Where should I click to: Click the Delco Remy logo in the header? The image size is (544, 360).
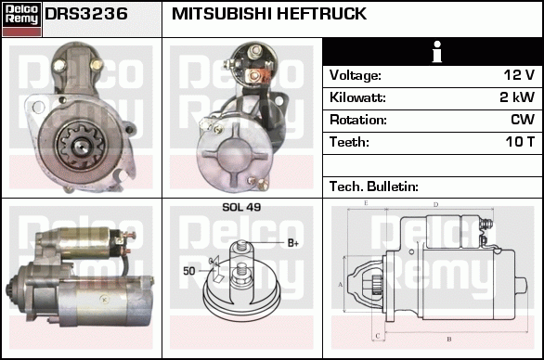point(21,19)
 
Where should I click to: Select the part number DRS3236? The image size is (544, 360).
point(86,14)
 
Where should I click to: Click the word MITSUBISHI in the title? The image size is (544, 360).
point(221,14)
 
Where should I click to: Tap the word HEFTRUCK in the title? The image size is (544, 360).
point(321,14)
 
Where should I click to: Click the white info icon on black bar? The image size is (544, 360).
point(437,52)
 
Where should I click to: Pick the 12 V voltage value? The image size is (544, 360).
point(519,75)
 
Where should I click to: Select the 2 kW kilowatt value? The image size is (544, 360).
point(517,97)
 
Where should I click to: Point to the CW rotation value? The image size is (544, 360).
point(523,120)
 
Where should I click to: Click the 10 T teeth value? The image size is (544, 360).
point(520,142)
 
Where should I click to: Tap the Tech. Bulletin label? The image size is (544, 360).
point(374,186)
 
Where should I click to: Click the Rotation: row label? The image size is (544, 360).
point(358,120)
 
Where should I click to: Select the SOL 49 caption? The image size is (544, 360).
point(241,207)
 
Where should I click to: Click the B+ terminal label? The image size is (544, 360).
point(293,243)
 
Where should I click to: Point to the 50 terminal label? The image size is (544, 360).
point(189,271)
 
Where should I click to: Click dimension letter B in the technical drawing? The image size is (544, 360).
point(449,339)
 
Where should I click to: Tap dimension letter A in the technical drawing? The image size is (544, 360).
point(340,285)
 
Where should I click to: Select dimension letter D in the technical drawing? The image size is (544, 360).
point(435,204)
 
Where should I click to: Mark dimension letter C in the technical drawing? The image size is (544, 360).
point(378,336)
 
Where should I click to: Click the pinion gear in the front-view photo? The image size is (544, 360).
point(82,145)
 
